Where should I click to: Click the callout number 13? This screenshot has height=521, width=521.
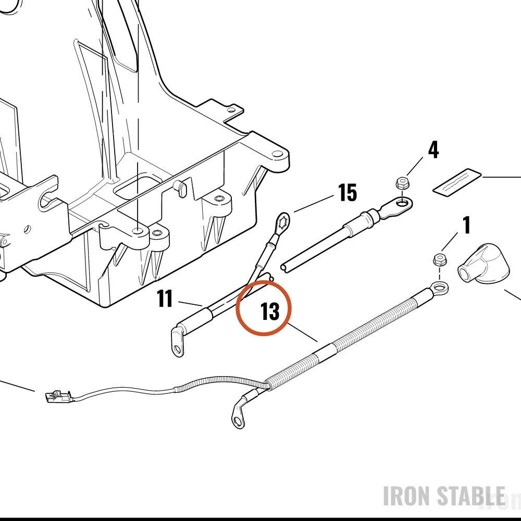coord(270,312)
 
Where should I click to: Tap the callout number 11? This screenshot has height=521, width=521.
coord(165,299)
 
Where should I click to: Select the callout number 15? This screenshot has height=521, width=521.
coord(347,192)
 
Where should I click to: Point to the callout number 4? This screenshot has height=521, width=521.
coord(433,150)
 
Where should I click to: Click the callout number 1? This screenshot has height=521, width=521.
coord(467,225)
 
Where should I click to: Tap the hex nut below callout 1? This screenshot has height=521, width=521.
coord(440,259)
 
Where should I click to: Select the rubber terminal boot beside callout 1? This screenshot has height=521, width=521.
coord(484,263)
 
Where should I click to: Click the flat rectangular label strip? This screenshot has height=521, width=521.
coord(457,181)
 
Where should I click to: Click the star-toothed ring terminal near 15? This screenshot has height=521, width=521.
coord(283,221)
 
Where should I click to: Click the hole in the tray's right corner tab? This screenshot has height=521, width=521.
coord(276,154)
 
